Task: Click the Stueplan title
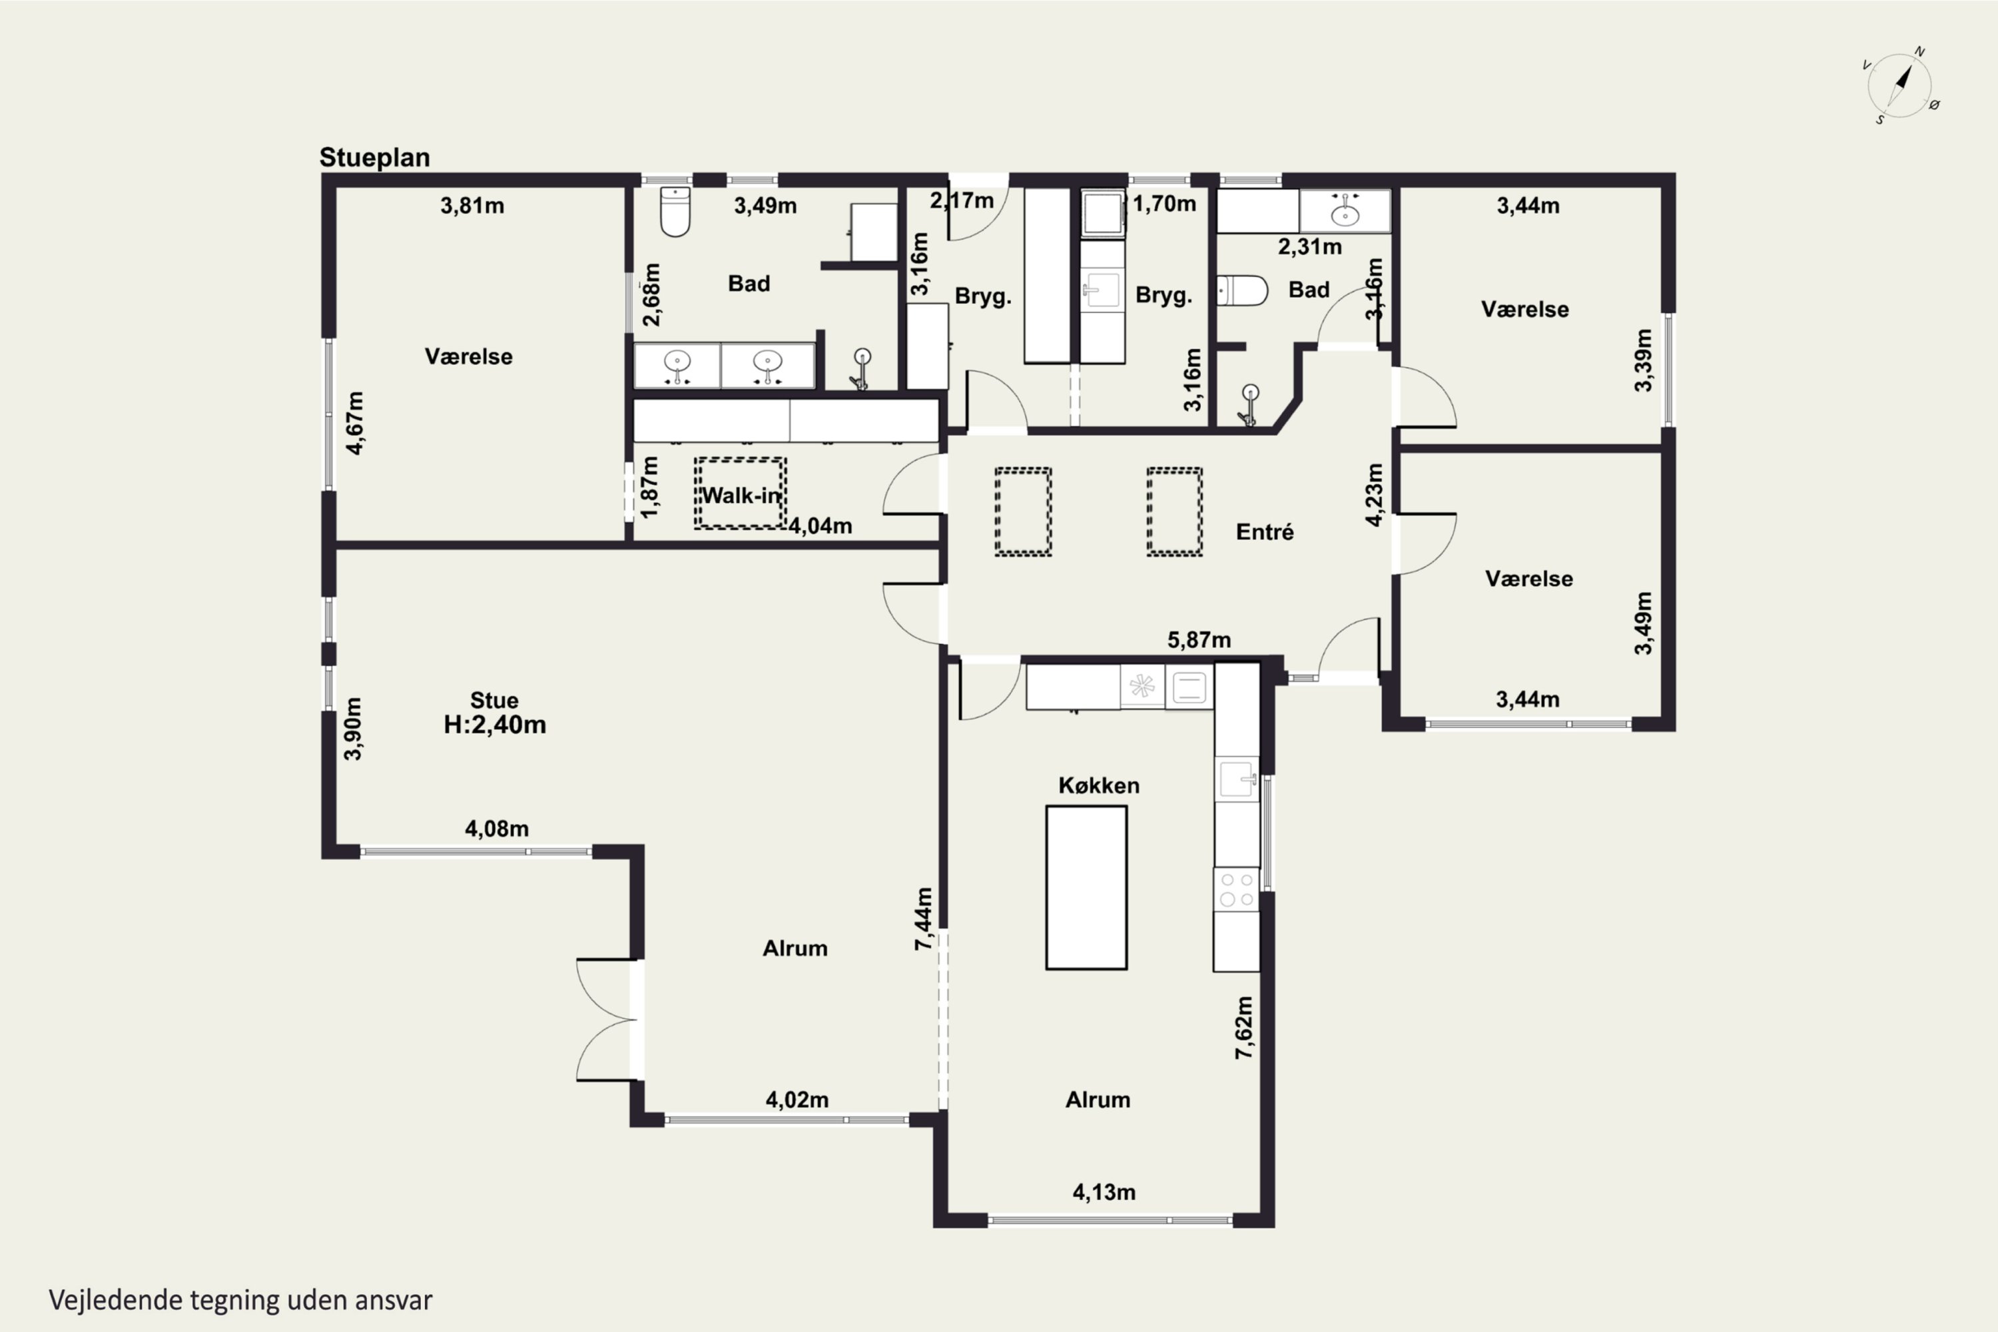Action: point(374,158)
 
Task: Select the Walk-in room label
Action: point(741,496)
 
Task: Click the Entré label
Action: point(1265,531)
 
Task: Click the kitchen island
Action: point(1086,888)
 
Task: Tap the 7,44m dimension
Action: point(924,918)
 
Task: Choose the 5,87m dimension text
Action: point(1199,639)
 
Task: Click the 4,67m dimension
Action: point(355,423)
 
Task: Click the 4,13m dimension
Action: point(1104,1192)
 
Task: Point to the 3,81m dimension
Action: point(472,206)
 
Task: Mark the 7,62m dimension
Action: point(1243,1027)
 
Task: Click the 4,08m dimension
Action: point(497,829)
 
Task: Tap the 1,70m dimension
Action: point(1165,204)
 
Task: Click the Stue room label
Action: point(494,700)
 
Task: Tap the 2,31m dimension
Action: point(1310,247)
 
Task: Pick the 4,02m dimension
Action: point(797,1100)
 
